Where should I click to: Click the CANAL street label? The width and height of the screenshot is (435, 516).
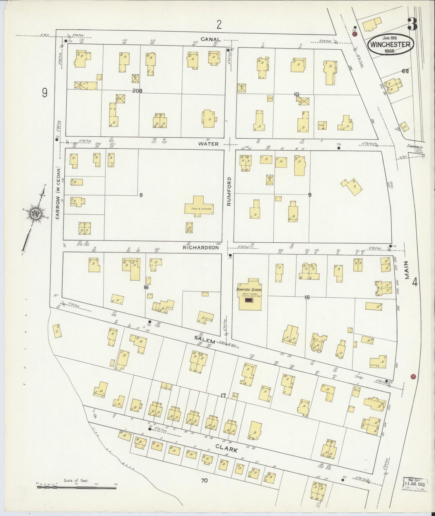click(x=211, y=39)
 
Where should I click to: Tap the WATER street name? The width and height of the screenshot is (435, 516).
click(x=208, y=144)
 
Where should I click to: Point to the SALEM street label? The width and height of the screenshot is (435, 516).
click(x=205, y=340)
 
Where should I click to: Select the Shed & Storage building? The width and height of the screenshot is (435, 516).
click(x=199, y=206)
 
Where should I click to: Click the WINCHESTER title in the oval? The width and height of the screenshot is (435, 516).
click(x=390, y=45)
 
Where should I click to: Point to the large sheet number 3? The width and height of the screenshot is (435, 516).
click(x=412, y=24)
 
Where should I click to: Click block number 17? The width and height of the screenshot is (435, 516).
click(x=223, y=395)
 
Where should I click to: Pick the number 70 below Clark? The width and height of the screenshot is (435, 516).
click(x=205, y=480)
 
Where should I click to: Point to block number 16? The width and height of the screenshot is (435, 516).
click(x=146, y=288)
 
